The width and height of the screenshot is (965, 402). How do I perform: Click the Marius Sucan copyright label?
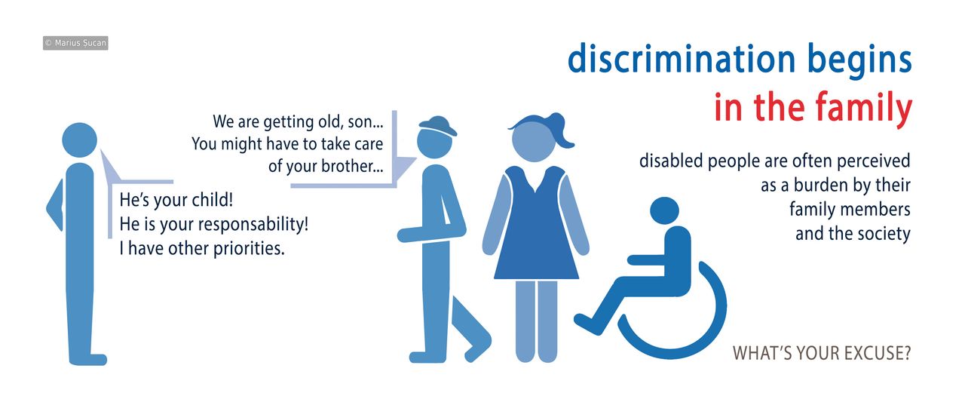[75, 44]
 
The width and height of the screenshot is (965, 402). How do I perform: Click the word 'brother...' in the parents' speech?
[348, 166]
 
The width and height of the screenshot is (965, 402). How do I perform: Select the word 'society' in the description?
[884, 233]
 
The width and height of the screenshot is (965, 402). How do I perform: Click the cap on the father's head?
[437, 125]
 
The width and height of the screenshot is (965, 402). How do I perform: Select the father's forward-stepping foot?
[477, 346]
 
